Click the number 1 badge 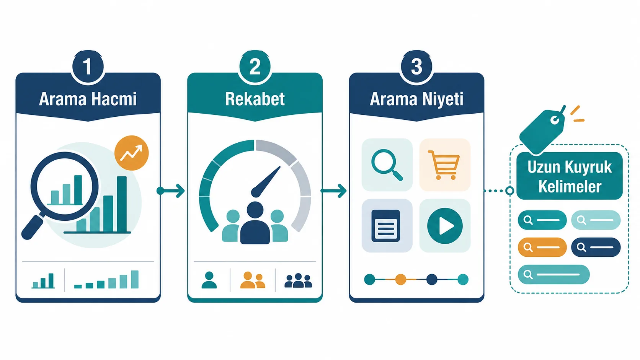click(88, 67)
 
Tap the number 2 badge click(255, 67)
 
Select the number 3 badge click(416, 67)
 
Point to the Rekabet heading click(255, 99)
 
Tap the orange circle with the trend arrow click(131, 153)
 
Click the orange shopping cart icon click(444, 165)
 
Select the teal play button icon click(445, 226)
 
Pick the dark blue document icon click(386, 226)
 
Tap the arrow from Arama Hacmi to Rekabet click(171, 191)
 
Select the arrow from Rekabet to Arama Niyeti click(333, 191)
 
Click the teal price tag click(542, 130)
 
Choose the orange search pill click(542, 247)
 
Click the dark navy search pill click(596, 247)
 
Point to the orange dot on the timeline click(400, 280)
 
